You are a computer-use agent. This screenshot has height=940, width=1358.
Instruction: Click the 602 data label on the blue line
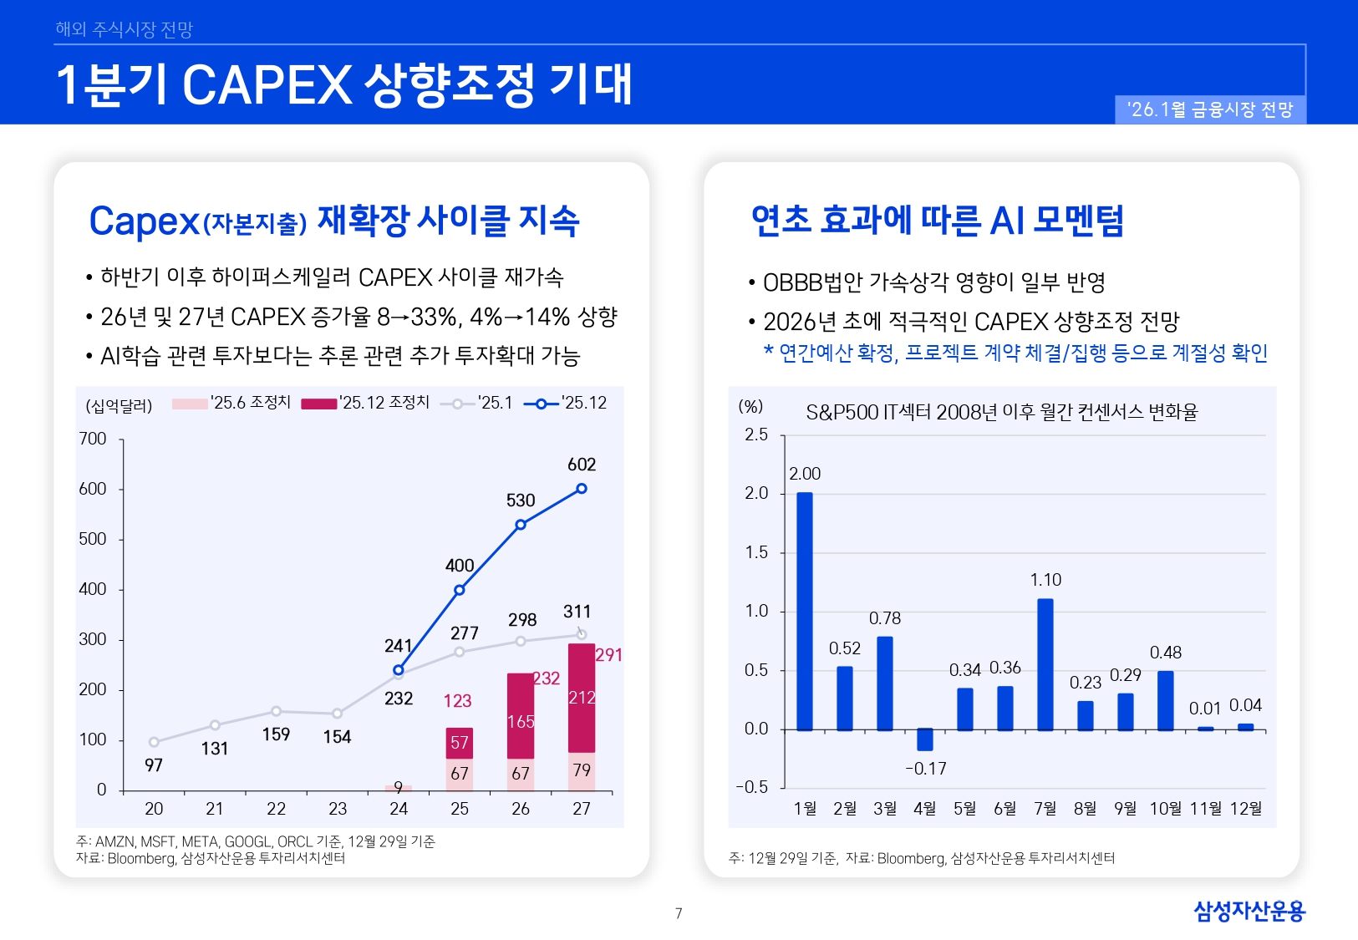(x=582, y=465)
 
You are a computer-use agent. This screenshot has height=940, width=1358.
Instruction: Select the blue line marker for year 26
(x=521, y=525)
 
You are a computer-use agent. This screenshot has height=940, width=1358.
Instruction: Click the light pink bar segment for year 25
(x=460, y=775)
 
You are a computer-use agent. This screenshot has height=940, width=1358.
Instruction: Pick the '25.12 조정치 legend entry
(x=365, y=403)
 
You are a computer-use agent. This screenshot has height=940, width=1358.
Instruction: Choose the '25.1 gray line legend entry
(x=477, y=403)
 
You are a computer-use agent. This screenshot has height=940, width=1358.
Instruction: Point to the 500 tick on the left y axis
(x=93, y=539)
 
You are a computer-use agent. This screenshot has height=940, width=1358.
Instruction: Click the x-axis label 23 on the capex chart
(x=338, y=809)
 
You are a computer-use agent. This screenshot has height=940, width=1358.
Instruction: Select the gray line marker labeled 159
(x=276, y=712)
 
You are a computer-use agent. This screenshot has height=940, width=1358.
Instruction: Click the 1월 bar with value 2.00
(x=805, y=611)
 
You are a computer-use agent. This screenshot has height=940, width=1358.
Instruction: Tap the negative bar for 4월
(x=925, y=739)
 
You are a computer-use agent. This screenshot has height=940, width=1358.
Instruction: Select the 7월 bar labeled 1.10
(x=1045, y=664)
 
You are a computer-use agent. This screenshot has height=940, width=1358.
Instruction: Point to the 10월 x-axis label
(x=1166, y=809)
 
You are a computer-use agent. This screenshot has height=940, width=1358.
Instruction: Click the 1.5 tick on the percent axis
(x=756, y=552)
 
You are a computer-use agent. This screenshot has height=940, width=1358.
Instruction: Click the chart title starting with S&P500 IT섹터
(x=1001, y=412)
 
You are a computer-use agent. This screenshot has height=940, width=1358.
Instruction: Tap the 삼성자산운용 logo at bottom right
(x=1249, y=911)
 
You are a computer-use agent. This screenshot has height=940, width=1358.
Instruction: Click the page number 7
(x=679, y=913)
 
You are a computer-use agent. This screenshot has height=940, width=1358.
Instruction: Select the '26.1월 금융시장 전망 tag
(x=1210, y=109)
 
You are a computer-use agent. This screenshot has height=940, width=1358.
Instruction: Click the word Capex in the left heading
(x=144, y=221)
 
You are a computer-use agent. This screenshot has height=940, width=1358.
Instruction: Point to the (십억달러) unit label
(x=119, y=406)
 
